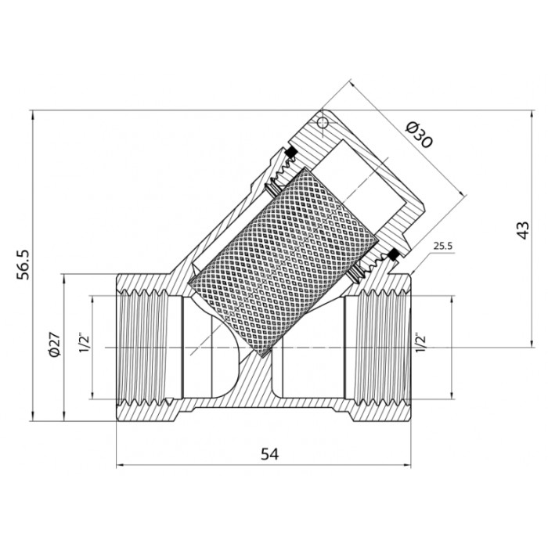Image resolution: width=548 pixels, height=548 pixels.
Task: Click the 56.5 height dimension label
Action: pos(23,265)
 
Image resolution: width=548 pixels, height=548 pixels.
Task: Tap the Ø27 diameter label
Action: pos(56,344)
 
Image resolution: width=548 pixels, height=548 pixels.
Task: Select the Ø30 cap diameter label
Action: pos(420,135)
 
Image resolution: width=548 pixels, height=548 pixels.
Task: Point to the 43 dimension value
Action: pos(523,230)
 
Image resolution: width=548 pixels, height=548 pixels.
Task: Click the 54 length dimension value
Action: pos(270,454)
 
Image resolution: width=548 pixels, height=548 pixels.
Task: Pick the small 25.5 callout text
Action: pos(443,246)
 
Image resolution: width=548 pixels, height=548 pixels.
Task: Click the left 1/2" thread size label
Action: pos(85,344)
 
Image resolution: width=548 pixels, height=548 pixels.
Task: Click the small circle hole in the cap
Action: pos(323,122)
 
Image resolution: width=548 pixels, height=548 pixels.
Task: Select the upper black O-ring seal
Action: pos(290,152)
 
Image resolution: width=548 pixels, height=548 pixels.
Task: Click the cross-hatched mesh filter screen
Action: pos(283,262)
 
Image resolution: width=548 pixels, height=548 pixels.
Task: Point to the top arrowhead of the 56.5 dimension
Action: pos(33,115)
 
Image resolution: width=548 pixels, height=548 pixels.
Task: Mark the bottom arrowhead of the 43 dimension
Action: pos(532,343)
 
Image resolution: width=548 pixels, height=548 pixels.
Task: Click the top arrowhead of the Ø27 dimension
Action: pos(64,279)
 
